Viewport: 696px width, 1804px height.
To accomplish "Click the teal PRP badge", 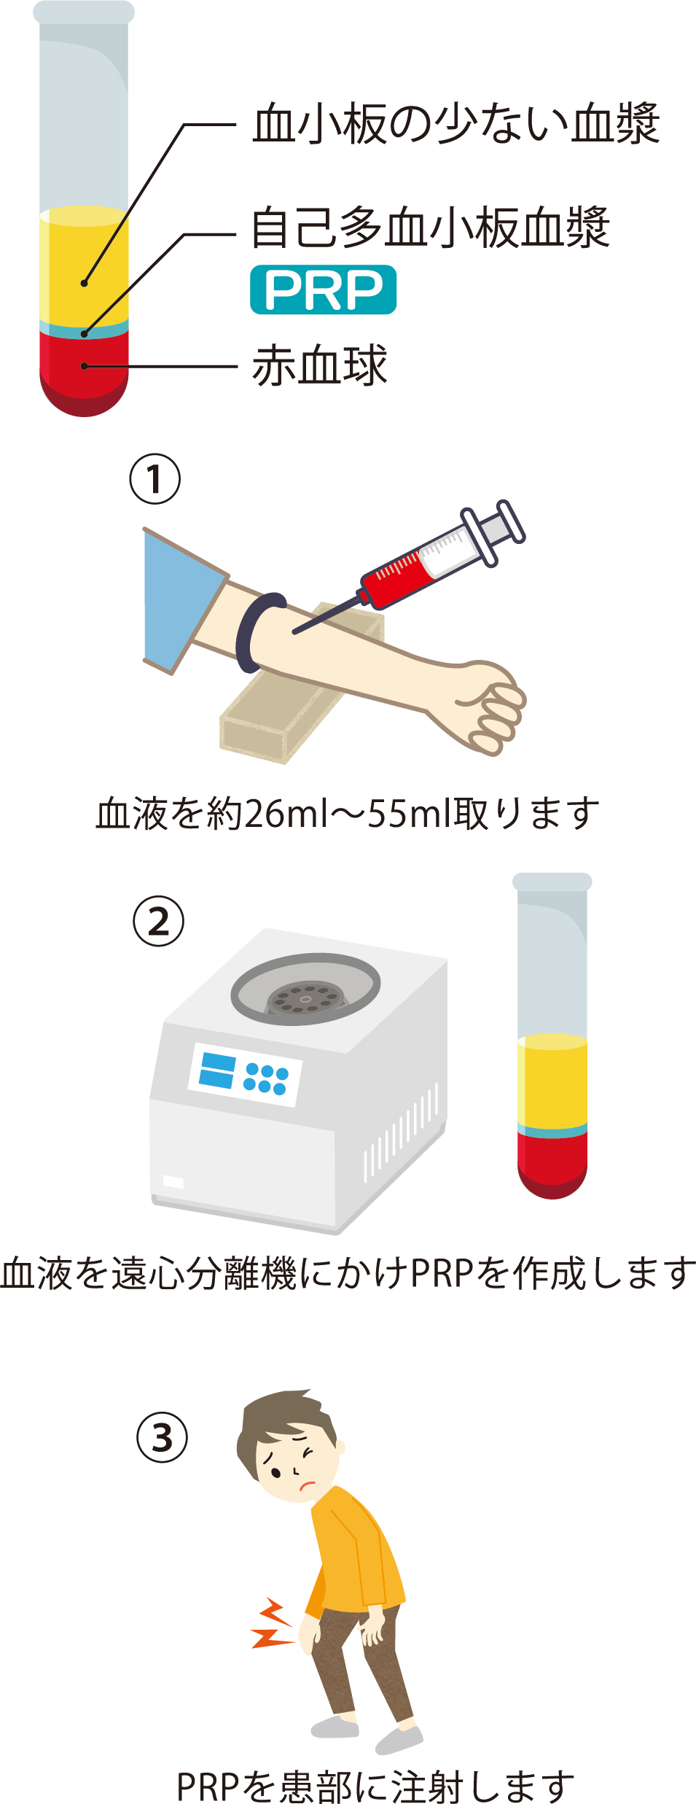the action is (323, 289).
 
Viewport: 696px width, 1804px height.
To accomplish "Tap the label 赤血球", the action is (319, 365).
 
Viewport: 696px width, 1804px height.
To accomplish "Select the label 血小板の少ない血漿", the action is (456, 123).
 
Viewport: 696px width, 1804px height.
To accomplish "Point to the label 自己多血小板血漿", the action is (430, 228).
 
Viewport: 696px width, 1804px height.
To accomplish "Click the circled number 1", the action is (155, 479).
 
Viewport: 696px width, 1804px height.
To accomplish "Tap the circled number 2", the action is (159, 921).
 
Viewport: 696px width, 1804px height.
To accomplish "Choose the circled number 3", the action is (163, 1437).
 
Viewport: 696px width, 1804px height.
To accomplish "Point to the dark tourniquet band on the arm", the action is (257, 631).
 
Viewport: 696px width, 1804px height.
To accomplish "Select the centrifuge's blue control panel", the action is (245, 1075).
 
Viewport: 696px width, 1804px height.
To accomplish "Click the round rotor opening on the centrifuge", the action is (305, 990).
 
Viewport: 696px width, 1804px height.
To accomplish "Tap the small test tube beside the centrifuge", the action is (552, 1035).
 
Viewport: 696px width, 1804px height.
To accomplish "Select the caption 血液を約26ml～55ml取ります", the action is (348, 814).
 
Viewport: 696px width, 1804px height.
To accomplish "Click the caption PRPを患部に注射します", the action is (375, 1784).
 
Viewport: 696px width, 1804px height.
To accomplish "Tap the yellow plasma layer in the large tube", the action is (84, 266).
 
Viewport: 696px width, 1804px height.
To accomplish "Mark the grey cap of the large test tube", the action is (84, 12).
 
